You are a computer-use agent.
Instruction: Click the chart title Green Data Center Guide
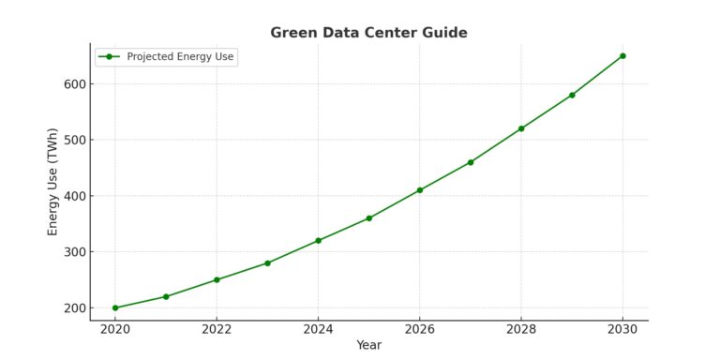[x=368, y=33]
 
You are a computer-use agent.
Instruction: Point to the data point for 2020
[x=115, y=307]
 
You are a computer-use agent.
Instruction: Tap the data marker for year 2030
[x=622, y=56]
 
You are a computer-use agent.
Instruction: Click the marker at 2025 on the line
[x=369, y=218]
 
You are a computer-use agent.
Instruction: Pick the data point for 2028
[x=521, y=128]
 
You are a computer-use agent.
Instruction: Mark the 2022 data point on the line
[x=217, y=280]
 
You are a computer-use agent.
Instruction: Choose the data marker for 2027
[x=471, y=162]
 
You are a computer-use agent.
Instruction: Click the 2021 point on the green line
[x=166, y=296]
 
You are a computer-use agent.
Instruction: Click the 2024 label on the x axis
[x=318, y=329]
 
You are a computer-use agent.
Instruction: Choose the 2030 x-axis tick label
[x=622, y=329]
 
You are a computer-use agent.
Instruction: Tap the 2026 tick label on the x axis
[x=419, y=329]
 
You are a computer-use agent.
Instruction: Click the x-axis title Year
[x=368, y=345]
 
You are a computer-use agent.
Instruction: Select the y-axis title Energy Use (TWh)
[x=53, y=182]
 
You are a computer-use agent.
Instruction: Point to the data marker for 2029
[x=572, y=95]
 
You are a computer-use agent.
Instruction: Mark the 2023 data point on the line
[x=267, y=263]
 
